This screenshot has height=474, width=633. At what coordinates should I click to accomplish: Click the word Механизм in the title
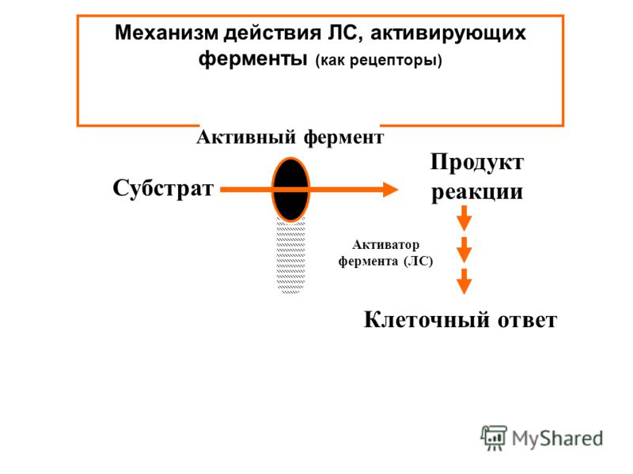(x=166, y=32)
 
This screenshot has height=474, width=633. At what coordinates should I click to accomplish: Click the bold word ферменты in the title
(x=252, y=58)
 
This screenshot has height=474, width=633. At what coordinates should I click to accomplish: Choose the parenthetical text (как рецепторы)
(x=379, y=61)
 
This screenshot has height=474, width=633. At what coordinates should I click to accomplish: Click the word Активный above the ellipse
(x=246, y=137)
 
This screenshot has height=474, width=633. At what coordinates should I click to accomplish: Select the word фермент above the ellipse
(x=343, y=138)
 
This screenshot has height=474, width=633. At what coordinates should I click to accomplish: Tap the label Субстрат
(x=163, y=188)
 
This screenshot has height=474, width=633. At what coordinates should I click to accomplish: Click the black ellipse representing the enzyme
(x=290, y=190)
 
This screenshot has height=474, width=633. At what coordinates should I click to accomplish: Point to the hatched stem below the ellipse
(x=290, y=256)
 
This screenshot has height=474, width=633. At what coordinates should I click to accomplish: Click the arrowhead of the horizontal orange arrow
(x=390, y=190)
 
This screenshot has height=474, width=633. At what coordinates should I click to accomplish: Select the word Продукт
(x=477, y=164)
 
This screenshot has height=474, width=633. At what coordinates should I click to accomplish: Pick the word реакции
(x=477, y=192)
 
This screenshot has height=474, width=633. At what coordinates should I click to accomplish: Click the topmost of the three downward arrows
(x=464, y=218)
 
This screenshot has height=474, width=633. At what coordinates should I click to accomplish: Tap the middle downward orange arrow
(x=464, y=250)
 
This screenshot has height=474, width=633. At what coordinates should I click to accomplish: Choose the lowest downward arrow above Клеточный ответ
(x=464, y=281)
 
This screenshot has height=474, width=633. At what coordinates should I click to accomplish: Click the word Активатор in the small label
(x=385, y=245)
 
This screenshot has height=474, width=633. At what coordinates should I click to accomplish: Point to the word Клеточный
(x=427, y=320)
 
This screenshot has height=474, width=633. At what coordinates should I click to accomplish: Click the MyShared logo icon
(x=493, y=438)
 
